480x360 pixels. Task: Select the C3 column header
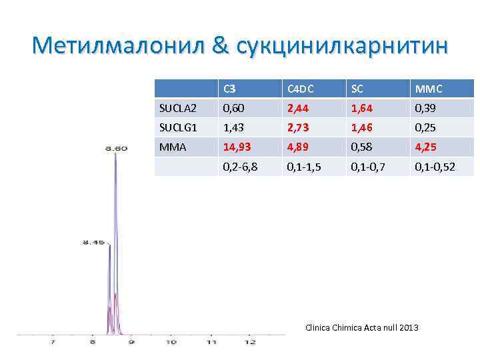pyautogui.click(x=229, y=89)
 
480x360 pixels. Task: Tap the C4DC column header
pyautogui.click(x=301, y=89)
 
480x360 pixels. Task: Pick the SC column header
pyautogui.click(x=358, y=89)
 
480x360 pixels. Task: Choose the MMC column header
pyautogui.click(x=428, y=89)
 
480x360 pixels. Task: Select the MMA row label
pyautogui.click(x=172, y=147)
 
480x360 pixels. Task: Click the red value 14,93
pyautogui.click(x=237, y=147)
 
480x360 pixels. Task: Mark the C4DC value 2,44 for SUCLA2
pyautogui.click(x=299, y=108)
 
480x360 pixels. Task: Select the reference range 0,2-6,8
pyautogui.click(x=240, y=167)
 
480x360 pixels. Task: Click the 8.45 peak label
pyautogui.click(x=93, y=243)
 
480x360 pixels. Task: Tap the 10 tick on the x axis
pyautogui.click(x=171, y=342)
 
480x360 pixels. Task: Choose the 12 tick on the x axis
pyautogui.click(x=250, y=342)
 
